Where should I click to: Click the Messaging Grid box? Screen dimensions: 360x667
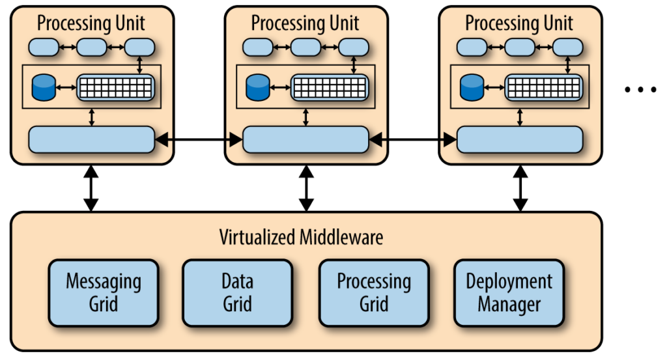pyautogui.click(x=104, y=293)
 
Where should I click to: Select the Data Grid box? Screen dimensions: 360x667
pyautogui.click(x=237, y=293)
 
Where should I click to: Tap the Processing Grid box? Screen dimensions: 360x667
pyautogui.click(x=373, y=293)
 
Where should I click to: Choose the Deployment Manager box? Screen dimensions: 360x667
pyautogui.click(x=509, y=293)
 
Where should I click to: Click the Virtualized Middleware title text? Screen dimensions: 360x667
pyautogui.click(x=301, y=237)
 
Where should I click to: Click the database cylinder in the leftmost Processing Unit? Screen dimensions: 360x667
pyautogui.click(x=43, y=87)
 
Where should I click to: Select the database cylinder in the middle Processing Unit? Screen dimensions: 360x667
pyautogui.click(x=257, y=87)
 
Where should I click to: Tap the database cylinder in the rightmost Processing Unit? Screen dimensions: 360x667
pyautogui.click(x=471, y=87)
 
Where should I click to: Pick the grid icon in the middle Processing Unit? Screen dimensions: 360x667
pyautogui.click(x=329, y=87)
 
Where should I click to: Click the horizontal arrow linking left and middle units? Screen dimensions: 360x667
pyautogui.click(x=198, y=139)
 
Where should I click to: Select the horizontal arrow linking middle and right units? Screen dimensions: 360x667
pyautogui.click(x=412, y=139)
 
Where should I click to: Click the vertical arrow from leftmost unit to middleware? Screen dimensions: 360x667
pyautogui.click(x=91, y=188)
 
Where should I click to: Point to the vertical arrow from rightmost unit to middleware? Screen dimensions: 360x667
pyautogui.click(x=520, y=188)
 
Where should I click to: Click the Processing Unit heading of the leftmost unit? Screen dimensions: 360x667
pyautogui.click(x=91, y=23)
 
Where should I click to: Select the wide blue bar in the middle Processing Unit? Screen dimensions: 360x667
pyautogui.click(x=305, y=139)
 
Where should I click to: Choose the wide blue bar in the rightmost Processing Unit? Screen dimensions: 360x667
pyautogui.click(x=519, y=139)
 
